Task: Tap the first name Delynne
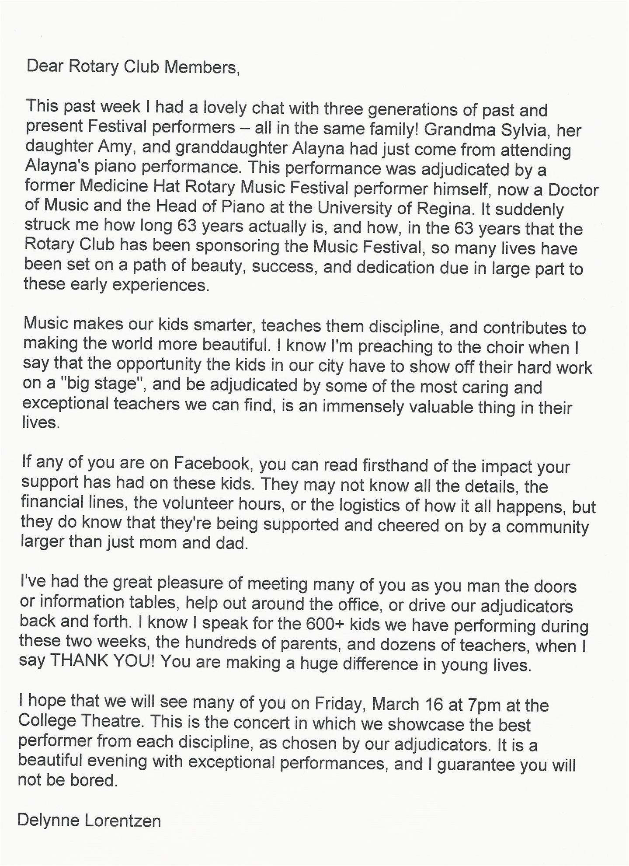pos(48,820)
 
